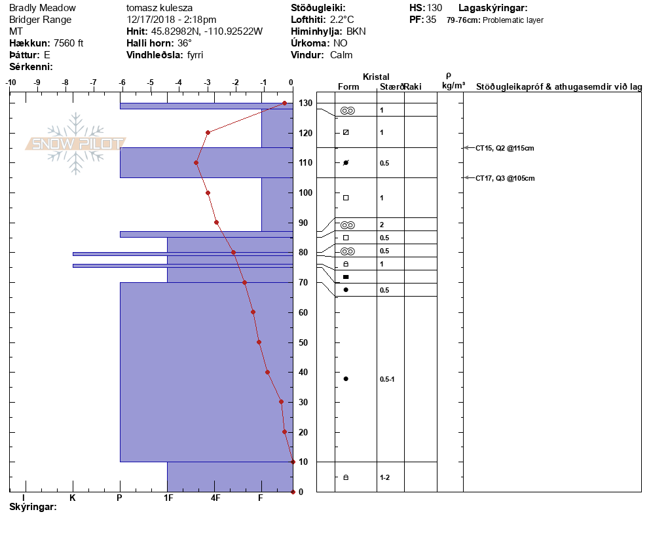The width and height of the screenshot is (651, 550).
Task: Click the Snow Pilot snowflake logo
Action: [x=75, y=143]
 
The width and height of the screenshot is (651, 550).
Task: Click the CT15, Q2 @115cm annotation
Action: [x=504, y=148]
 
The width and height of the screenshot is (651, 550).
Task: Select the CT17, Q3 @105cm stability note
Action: [x=505, y=179]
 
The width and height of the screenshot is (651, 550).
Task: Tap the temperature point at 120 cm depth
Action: [x=208, y=133]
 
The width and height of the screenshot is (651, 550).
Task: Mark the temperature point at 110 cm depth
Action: [x=196, y=163]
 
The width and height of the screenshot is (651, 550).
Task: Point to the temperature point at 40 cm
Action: [x=267, y=373]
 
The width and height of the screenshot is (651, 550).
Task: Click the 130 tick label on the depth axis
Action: [x=305, y=103]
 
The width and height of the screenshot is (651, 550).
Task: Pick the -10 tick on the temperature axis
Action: [x=10, y=82]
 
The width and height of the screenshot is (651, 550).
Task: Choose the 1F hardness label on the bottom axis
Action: [x=168, y=498]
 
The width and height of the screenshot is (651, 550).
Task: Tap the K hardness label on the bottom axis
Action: [x=73, y=498]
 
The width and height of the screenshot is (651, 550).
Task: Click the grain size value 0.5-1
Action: [x=387, y=379]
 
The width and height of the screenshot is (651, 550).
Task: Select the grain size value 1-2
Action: [x=384, y=478]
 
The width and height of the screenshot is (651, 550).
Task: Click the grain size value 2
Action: [x=382, y=225]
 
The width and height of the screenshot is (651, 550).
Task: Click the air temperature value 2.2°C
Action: [x=342, y=20]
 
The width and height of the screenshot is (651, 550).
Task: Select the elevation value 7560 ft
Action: [x=69, y=43]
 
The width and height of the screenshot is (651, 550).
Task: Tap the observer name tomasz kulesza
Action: [x=159, y=8]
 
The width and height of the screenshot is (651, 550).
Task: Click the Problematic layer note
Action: [x=513, y=20]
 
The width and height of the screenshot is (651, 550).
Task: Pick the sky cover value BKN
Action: [x=356, y=31]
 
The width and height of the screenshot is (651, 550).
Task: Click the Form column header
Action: [x=348, y=86]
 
